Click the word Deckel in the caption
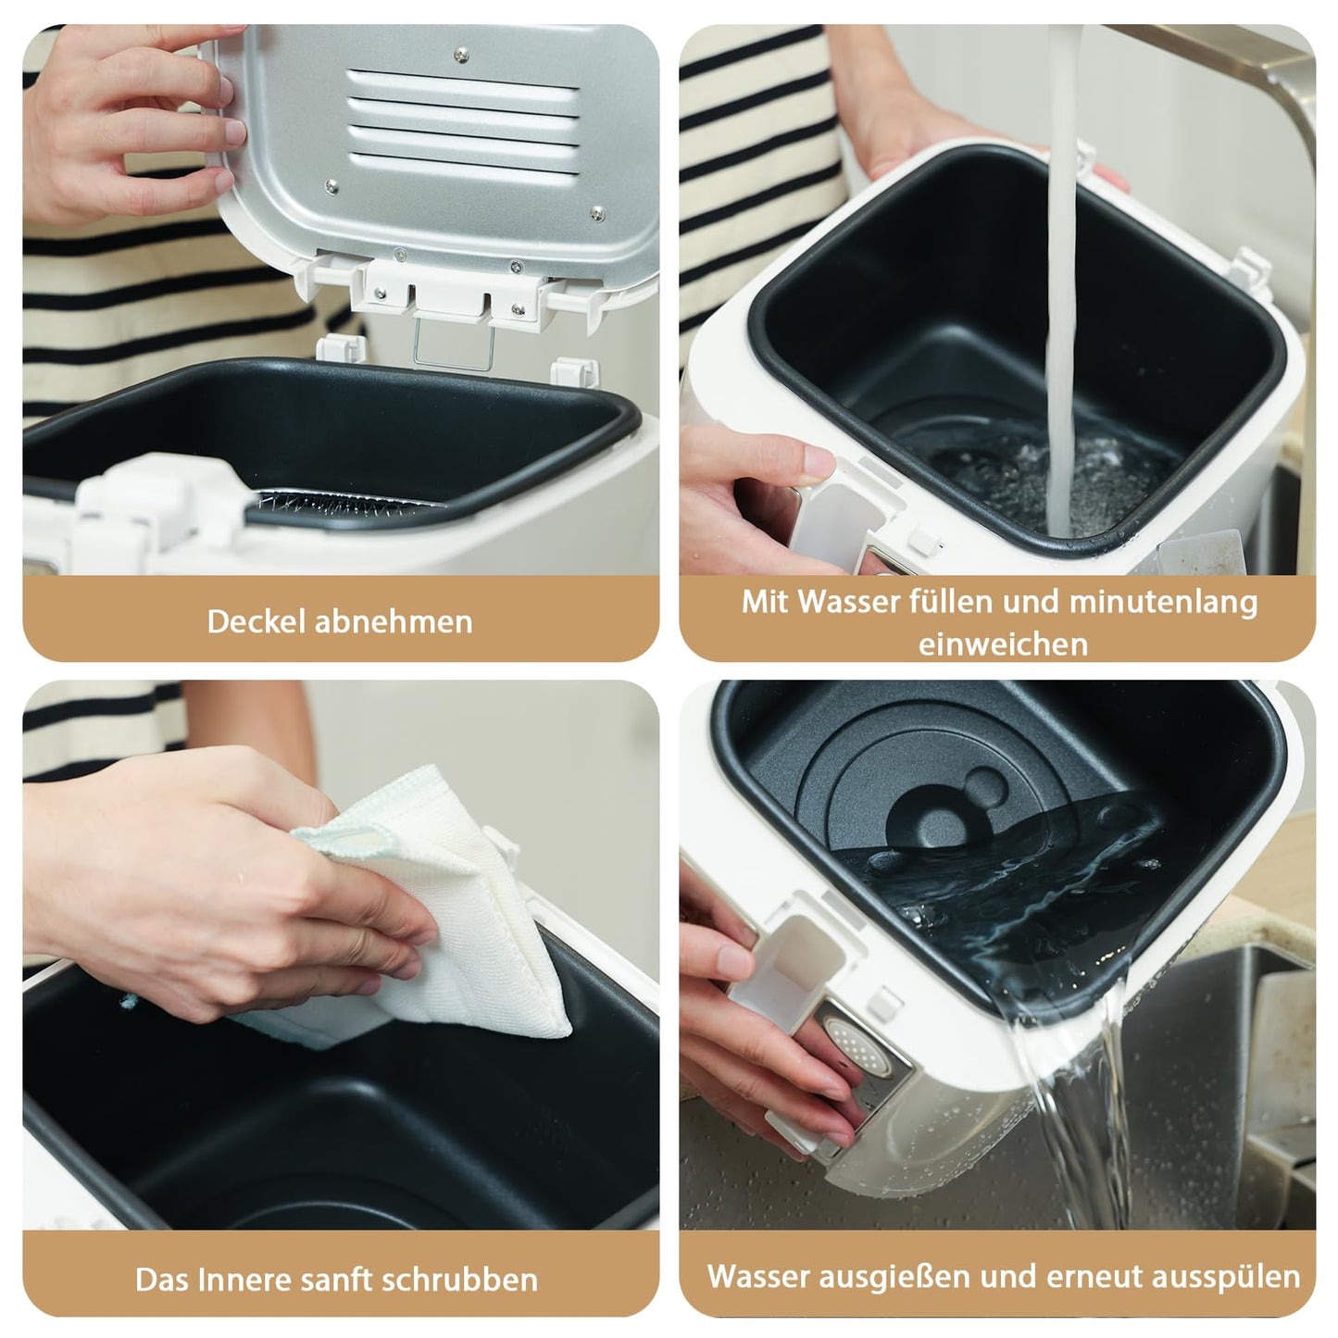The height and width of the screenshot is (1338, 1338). click(256, 620)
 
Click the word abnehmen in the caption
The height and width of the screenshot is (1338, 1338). click(394, 620)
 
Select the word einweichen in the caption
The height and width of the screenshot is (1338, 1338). click(1003, 644)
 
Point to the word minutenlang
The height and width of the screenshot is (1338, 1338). click(1163, 601)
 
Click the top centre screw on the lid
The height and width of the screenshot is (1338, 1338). click(460, 56)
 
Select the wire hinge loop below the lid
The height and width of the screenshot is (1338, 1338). click(454, 343)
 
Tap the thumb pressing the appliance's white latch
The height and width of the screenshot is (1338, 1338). click(806, 461)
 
